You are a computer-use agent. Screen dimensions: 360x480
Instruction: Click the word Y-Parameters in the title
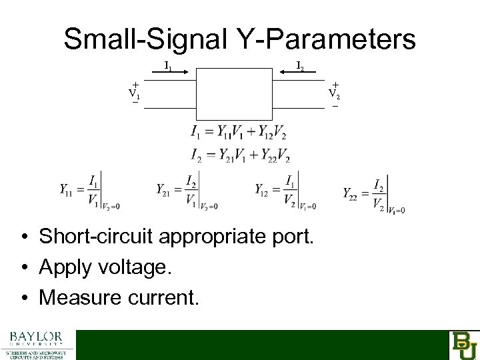[320, 39]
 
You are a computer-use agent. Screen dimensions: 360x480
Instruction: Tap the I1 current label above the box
[169, 66]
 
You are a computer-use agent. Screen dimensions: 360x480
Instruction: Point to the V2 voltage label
[335, 94]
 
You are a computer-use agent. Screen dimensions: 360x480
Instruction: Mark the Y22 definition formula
[373, 193]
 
